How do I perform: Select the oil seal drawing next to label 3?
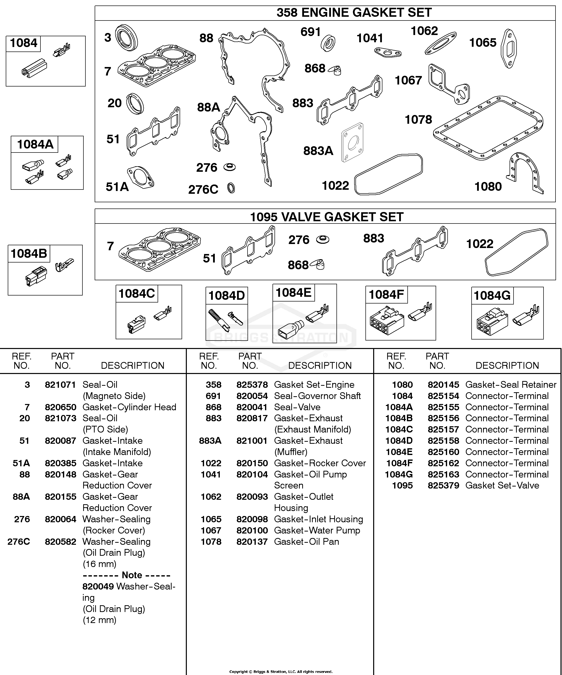pyautogui.click(x=127, y=37)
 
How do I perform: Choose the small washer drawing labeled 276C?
pyautogui.click(x=231, y=188)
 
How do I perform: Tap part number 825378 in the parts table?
pyautogui.click(x=252, y=385)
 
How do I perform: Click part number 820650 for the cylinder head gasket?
pyautogui.click(x=60, y=407)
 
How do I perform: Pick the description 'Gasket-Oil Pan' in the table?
pyautogui.click(x=306, y=541)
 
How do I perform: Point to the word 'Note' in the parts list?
pyautogui.click(x=132, y=575)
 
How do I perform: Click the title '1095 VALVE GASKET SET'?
pyautogui.click(x=327, y=217)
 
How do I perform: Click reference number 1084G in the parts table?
pyautogui.click(x=399, y=474)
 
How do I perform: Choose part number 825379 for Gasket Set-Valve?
pyautogui.click(x=443, y=486)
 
